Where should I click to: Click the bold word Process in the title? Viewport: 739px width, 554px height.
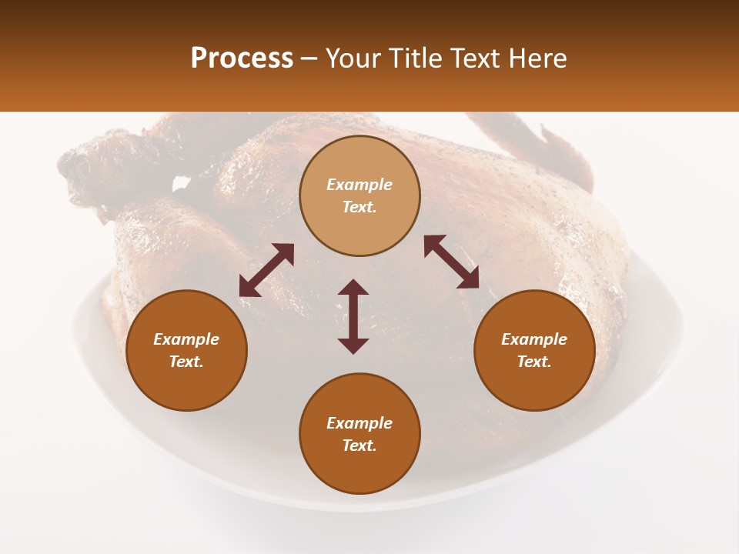point(242,58)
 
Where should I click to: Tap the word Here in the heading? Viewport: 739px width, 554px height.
point(537,58)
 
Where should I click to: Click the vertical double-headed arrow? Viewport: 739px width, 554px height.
point(353,316)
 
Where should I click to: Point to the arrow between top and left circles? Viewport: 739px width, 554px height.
point(266,270)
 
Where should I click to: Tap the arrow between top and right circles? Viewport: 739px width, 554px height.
point(451,262)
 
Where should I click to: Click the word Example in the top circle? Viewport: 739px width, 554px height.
point(359,185)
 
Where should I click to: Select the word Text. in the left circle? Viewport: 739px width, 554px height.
point(186,362)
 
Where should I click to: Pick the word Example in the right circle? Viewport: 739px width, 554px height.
point(534,339)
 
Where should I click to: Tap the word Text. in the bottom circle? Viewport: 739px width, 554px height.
point(359,446)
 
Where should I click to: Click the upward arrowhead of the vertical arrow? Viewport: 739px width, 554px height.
point(353,286)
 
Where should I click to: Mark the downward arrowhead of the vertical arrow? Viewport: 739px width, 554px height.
point(353,346)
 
